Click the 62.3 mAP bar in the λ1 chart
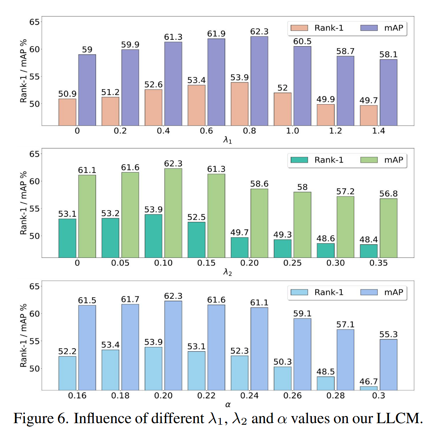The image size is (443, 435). pyautogui.click(x=259, y=81)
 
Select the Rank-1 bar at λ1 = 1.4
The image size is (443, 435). pyautogui.click(x=368, y=115)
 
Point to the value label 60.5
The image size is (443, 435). pyautogui.click(x=302, y=41)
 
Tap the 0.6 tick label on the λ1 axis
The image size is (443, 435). pyautogui.click(x=206, y=131)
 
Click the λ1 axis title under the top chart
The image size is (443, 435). pyautogui.click(x=228, y=140)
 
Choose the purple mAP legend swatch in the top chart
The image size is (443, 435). pyautogui.click(x=369, y=28)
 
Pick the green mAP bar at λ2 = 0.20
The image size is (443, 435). pyautogui.click(x=259, y=223)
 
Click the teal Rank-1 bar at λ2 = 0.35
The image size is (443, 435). pyautogui.click(x=368, y=251)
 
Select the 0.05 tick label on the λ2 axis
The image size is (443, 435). pyautogui.click(x=120, y=263)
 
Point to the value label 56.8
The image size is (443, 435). pyautogui.click(x=388, y=194)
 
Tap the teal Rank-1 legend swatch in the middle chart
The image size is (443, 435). pyautogui.click(x=299, y=160)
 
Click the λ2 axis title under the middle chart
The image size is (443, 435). pyautogui.click(x=228, y=272)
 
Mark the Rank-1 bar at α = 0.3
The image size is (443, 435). pyautogui.click(x=368, y=388)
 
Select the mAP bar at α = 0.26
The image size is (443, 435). pyautogui.click(x=302, y=354)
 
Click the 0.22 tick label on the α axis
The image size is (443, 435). pyautogui.click(x=206, y=396)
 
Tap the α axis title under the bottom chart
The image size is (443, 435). pyautogui.click(x=228, y=404)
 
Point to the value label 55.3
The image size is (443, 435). pyautogui.click(x=388, y=334)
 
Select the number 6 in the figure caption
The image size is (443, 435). pyautogui.click(x=63, y=418)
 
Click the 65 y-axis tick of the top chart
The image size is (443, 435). pyautogui.click(x=35, y=22)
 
